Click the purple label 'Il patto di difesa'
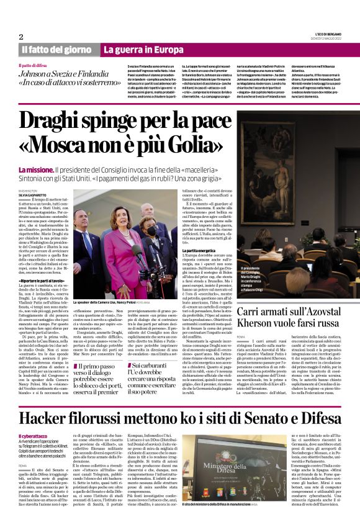pos(36,65)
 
